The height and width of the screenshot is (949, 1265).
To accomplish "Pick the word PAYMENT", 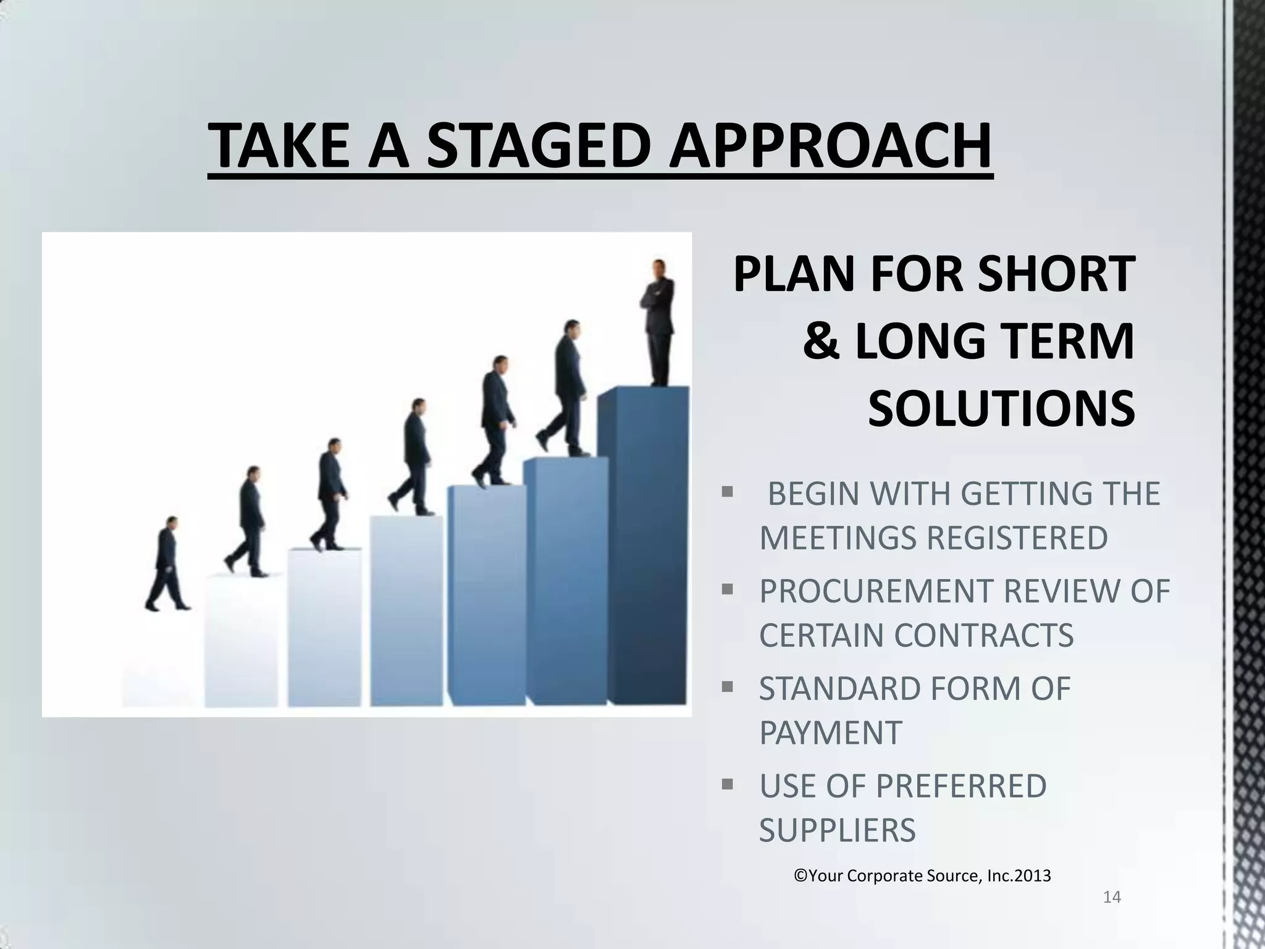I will tap(830, 733).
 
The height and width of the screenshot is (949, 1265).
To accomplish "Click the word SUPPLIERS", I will tap(837, 830).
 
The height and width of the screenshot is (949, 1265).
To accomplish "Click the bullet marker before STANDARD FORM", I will tap(727, 686).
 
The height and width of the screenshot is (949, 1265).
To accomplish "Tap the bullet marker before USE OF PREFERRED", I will tap(727, 784).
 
